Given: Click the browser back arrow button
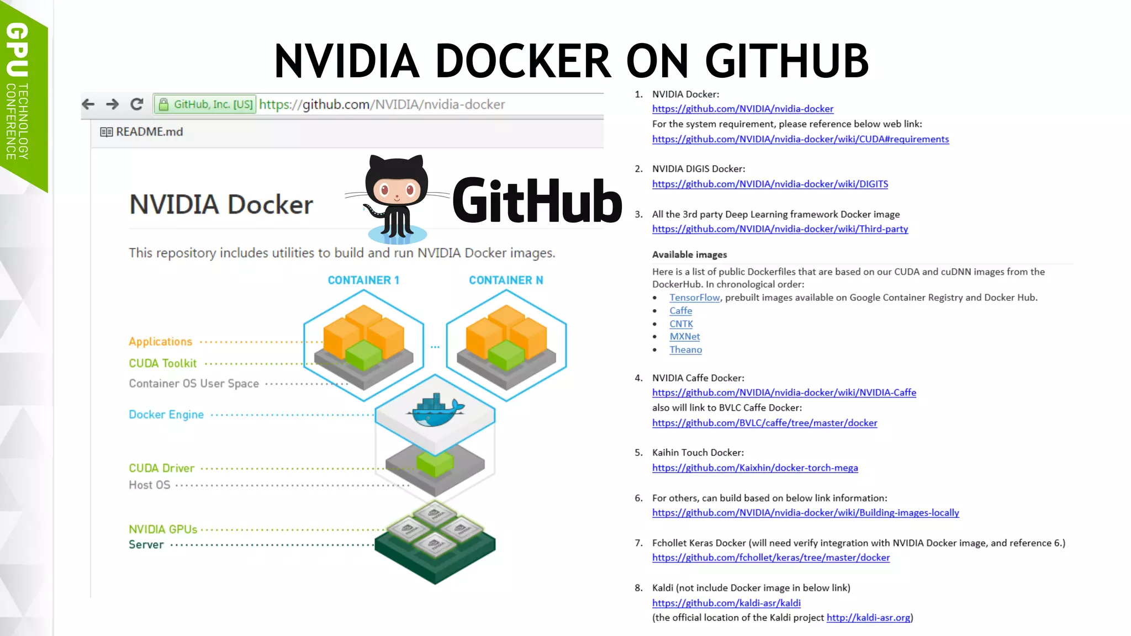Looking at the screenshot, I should [x=88, y=104].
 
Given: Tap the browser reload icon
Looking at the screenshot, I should [x=136, y=104].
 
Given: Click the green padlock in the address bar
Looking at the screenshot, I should [x=163, y=104].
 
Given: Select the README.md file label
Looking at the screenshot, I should [x=149, y=132].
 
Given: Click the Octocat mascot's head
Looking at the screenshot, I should [x=397, y=182].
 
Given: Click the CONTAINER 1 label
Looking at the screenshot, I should [x=363, y=280].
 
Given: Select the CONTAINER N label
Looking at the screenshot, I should [x=506, y=280].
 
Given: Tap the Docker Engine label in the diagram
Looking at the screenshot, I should [x=166, y=415].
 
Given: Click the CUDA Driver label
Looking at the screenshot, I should [x=161, y=468].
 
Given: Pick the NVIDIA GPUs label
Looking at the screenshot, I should [x=163, y=529].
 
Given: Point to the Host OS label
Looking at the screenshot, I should [x=149, y=485].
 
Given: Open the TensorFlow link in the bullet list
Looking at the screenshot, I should [x=694, y=298].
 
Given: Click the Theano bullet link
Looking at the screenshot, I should [x=685, y=350].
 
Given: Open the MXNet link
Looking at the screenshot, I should [x=684, y=337].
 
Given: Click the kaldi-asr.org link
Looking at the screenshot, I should [x=868, y=618].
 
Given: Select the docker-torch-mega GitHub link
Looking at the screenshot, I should [x=755, y=468].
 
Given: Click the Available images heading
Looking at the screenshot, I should [x=689, y=255].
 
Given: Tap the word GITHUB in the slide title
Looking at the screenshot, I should [x=786, y=61].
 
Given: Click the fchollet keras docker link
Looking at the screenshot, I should [x=770, y=558].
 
